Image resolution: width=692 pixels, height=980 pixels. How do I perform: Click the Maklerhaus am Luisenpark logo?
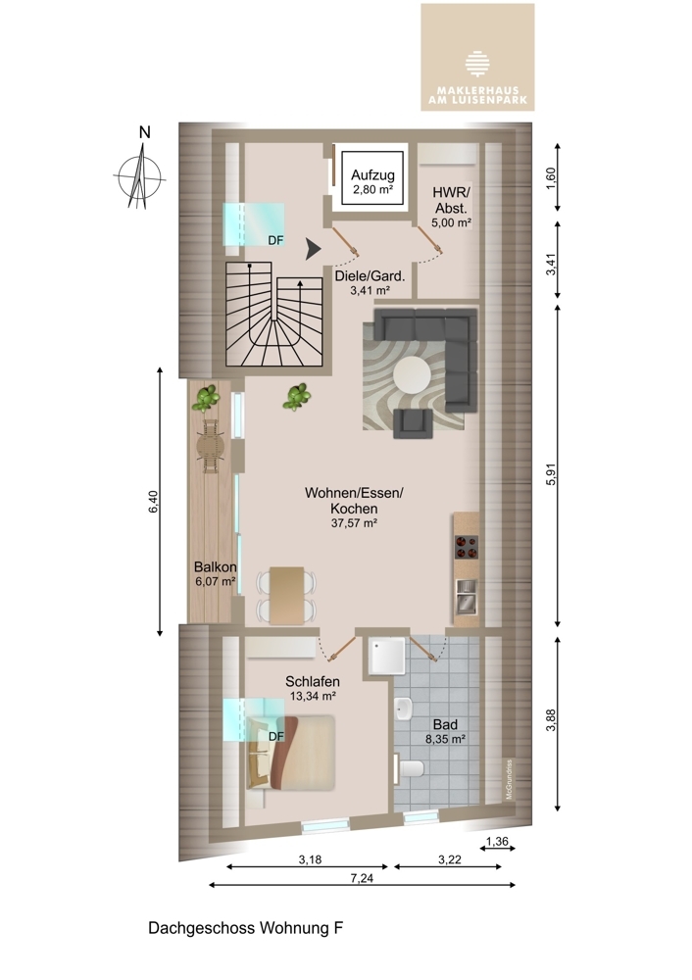click(477, 57)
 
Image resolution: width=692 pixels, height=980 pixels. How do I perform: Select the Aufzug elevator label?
click(372, 175)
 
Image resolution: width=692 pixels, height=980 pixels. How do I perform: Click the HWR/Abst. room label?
click(451, 200)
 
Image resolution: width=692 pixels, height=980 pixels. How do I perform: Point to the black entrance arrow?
click(313, 249)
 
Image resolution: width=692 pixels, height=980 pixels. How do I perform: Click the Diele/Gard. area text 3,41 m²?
click(371, 290)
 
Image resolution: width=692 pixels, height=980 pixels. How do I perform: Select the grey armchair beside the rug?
click(413, 421)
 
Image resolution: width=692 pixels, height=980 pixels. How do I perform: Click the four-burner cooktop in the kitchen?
click(466, 546)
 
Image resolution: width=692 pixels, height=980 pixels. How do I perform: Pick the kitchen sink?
click(466, 595)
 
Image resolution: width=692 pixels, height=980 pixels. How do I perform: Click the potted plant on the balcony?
click(206, 398)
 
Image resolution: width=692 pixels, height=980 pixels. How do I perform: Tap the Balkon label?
click(215, 566)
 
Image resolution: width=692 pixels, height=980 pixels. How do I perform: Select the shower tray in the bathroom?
click(387, 656)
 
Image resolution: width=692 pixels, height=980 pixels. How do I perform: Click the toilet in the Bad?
click(410, 767)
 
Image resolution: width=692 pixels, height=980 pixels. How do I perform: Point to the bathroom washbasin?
click(404, 709)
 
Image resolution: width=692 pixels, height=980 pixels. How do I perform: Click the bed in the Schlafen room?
click(291, 753)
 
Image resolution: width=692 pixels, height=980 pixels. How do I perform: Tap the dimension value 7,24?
click(362, 878)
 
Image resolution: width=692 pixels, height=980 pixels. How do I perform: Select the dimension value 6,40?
click(153, 501)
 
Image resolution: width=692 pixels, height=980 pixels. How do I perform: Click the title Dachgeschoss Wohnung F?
click(246, 928)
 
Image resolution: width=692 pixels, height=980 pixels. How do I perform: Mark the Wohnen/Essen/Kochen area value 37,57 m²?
click(354, 523)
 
